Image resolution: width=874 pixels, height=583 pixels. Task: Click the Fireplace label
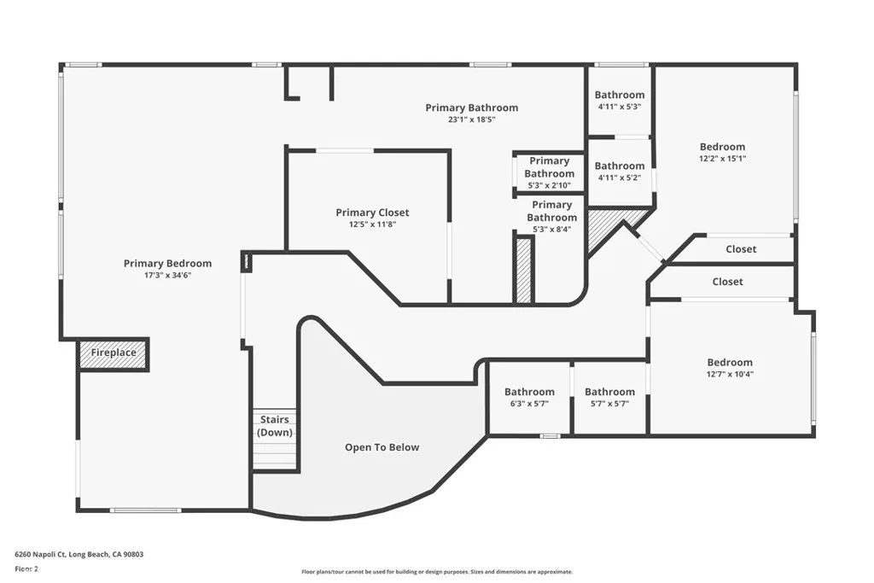click(x=114, y=353)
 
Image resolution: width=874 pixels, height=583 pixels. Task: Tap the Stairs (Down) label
click(x=275, y=426)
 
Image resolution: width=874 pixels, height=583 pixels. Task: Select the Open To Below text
click(x=382, y=447)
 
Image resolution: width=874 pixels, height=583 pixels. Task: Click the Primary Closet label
click(x=372, y=213)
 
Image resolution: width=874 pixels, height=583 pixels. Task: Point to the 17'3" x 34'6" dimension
click(x=168, y=276)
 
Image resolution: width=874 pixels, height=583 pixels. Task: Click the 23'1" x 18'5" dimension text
click(x=471, y=120)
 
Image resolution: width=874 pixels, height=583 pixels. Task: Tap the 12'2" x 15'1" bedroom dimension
click(x=722, y=158)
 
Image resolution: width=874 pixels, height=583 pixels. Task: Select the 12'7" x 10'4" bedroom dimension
click(x=730, y=374)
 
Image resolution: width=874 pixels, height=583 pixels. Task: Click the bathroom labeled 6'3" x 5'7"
click(x=529, y=398)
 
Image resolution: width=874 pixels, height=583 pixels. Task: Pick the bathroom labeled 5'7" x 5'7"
click(x=609, y=398)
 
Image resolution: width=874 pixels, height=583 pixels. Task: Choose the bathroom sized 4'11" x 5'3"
click(x=620, y=101)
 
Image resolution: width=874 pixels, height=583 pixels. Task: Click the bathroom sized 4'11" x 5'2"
click(x=620, y=171)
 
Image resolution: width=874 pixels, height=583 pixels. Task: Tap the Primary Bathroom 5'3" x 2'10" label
click(x=549, y=172)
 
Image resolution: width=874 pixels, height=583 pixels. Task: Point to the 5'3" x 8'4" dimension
click(x=552, y=229)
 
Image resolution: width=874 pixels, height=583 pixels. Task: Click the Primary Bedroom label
click(x=168, y=263)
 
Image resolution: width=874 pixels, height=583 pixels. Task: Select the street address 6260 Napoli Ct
click(x=39, y=555)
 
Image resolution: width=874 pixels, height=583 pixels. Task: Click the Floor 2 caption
click(x=26, y=569)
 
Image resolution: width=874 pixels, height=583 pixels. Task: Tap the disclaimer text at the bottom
click(x=437, y=572)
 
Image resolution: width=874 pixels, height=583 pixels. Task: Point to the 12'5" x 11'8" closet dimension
click(x=372, y=224)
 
